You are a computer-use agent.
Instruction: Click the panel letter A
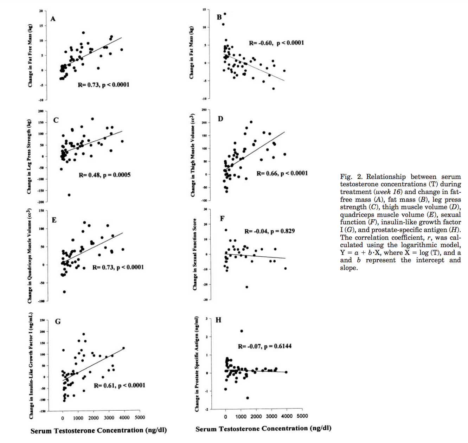pos(53,19)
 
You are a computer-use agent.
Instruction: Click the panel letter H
pos(218,320)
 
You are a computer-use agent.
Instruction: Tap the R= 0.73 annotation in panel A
pos(103,85)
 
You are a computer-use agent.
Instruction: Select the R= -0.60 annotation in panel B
pos(276,43)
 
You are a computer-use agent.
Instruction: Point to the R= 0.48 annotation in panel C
pos(104,175)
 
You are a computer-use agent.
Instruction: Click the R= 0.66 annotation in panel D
pos(282,173)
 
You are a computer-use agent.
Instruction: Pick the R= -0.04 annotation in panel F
pos(269,231)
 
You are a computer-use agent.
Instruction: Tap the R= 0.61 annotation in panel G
pos(119,385)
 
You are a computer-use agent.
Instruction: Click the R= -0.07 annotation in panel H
pos(264,346)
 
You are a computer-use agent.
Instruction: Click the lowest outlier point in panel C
pos(69,195)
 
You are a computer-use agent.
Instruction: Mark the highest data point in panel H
pos(242,331)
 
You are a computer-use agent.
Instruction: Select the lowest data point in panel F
pos(247,287)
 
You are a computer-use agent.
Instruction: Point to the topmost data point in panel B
pos(225,14)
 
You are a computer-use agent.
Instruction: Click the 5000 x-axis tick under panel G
pos(140,418)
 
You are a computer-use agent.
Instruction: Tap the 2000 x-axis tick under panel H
pos(256,416)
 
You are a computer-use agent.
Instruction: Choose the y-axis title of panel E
pos(30,257)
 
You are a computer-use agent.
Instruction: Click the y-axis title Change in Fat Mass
pos(192,53)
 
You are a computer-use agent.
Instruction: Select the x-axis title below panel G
pos(98,431)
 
